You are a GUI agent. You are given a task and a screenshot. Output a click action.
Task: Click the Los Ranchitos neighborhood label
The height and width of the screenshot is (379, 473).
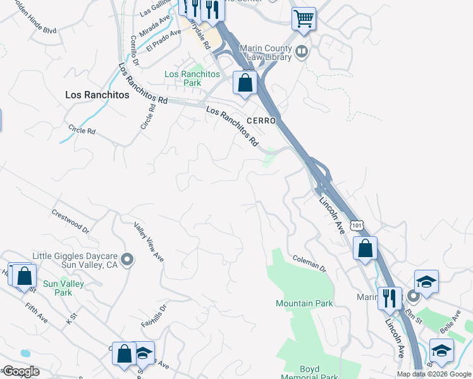click(97, 95)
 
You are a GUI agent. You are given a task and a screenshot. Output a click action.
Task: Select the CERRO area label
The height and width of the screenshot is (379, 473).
click(262, 121)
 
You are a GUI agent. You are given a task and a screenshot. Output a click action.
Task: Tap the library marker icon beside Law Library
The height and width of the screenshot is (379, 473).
click(302, 51)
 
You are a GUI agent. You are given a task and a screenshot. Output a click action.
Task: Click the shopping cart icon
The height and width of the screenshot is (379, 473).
click(304, 19)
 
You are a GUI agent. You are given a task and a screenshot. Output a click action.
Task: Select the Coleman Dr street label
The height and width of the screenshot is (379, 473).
click(309, 264)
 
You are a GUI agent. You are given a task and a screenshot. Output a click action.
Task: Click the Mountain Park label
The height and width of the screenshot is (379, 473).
click(304, 303)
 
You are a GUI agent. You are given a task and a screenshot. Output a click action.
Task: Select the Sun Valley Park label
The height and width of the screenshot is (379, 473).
click(63, 288)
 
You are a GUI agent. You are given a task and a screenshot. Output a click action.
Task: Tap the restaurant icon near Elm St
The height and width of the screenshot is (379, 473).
click(389, 298)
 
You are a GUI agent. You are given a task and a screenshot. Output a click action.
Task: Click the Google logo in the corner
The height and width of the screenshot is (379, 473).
click(20, 371)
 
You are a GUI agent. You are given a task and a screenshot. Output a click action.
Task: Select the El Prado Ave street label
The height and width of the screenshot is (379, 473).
click(158, 44)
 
